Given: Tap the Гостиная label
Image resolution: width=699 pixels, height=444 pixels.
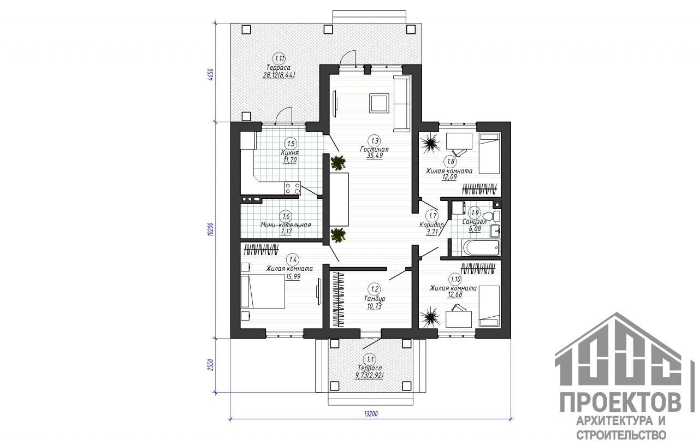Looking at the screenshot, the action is click(x=374, y=150).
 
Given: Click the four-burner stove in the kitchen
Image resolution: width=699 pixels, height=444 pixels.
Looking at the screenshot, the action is click(x=74, y=188).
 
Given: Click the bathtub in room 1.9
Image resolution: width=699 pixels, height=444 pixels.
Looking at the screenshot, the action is click(x=481, y=248).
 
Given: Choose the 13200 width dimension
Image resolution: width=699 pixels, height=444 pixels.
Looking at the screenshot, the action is click(x=371, y=414).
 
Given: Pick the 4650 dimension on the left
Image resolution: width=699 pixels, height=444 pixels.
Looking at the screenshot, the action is click(x=211, y=75).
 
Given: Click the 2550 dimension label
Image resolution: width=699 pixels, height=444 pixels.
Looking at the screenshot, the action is click(x=211, y=365).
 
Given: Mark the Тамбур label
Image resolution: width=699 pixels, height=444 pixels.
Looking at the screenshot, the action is click(x=375, y=299).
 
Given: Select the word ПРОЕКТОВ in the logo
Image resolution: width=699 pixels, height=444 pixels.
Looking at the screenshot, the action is click(x=620, y=403).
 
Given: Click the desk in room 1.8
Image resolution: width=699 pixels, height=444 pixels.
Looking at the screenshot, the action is click(x=459, y=141).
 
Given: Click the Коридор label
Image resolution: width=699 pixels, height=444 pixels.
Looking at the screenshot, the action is click(x=431, y=225).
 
